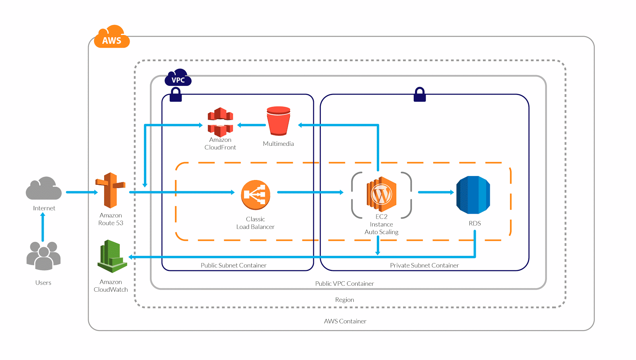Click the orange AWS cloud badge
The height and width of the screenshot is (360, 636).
112,37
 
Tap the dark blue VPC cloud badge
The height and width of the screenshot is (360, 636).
178,78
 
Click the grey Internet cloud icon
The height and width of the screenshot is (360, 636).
44,189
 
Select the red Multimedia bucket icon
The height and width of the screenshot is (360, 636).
278,121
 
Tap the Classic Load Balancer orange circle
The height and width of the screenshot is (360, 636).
256,195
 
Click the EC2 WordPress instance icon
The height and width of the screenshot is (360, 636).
381,194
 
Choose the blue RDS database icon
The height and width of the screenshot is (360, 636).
473,195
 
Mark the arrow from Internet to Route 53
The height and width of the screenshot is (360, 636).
81,192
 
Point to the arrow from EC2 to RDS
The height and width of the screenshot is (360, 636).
435,192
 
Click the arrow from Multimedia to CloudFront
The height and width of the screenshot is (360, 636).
252,125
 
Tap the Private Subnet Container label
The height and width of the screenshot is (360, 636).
424,265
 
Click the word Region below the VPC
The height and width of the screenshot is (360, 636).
344,300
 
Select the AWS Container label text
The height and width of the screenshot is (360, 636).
345,321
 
